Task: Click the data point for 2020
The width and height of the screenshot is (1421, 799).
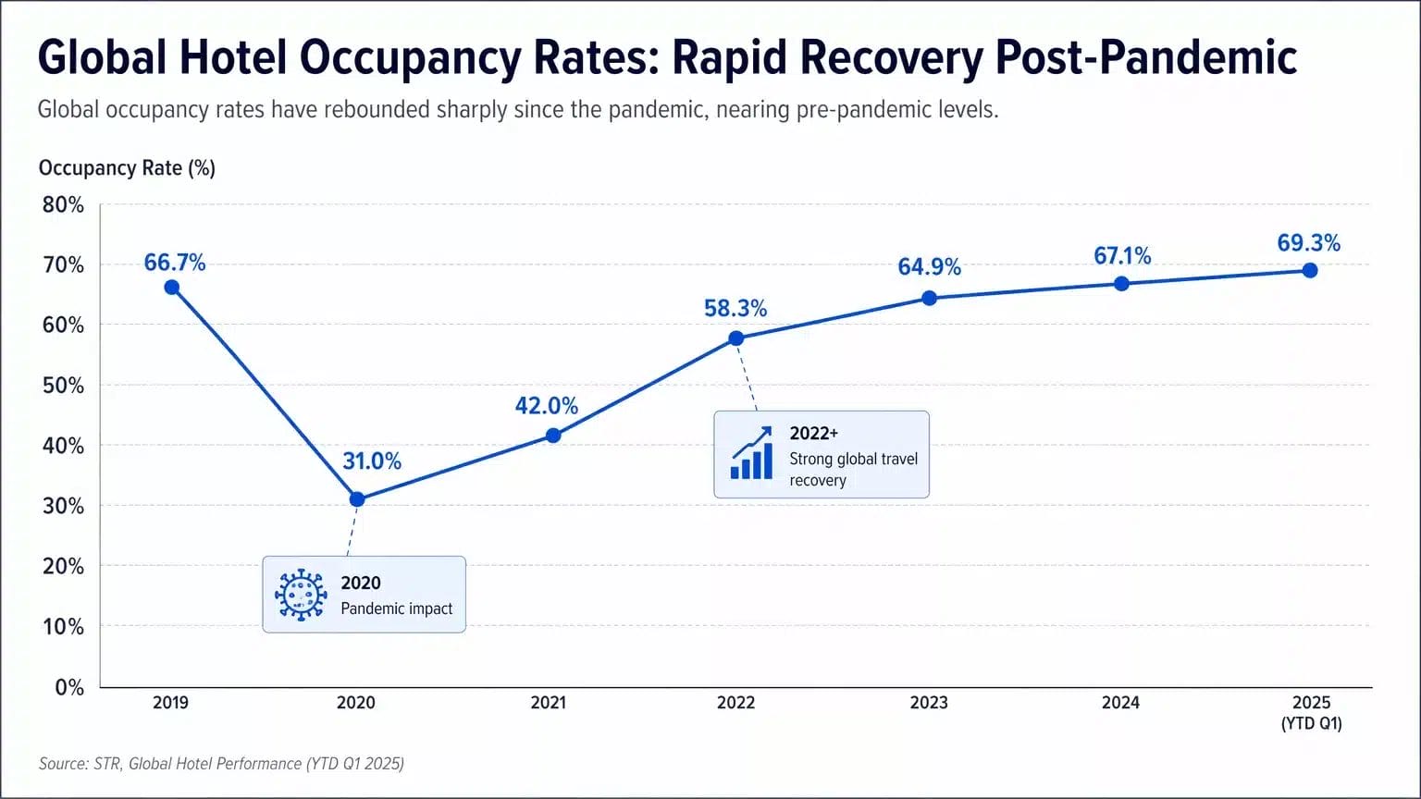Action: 357,499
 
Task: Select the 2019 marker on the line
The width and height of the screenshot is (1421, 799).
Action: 172,288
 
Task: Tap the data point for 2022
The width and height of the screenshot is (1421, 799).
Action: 735,338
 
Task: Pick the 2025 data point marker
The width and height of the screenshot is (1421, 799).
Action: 1310,271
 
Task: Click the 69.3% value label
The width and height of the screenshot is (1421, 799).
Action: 1308,243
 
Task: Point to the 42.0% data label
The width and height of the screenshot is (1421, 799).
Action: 546,406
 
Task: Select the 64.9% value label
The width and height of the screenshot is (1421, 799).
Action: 929,267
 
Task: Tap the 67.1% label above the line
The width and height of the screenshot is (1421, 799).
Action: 1121,256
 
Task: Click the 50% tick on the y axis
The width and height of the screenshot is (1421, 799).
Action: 63,386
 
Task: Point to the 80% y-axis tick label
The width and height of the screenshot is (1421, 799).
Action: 63,205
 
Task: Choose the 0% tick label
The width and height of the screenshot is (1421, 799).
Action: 69,687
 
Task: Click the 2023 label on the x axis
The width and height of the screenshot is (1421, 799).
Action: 928,703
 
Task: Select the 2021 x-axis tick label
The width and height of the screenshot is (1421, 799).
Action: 548,703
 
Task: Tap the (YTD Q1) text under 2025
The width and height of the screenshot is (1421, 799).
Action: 1311,724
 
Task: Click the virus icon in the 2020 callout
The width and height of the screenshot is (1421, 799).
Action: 301,595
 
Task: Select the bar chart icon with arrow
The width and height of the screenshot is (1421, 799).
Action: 751,453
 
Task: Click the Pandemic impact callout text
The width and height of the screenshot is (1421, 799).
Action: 396,608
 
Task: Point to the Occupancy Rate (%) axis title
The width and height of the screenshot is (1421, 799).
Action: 127,168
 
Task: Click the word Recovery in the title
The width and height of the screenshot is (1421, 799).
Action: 890,57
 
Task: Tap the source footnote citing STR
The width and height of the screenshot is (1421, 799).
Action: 221,764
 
